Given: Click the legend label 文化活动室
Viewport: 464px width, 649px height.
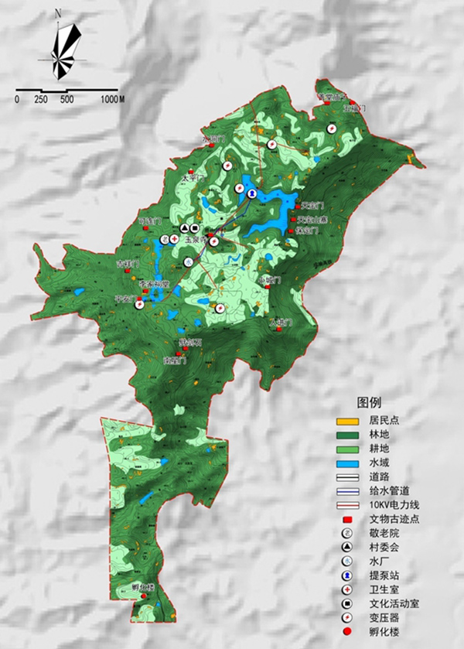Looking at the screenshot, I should click(x=394, y=603).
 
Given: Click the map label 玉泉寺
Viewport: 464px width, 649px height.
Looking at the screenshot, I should click(x=194, y=241).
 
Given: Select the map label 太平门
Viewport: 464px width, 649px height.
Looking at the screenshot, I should click(x=191, y=177).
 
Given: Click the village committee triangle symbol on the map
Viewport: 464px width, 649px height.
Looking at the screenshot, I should click(x=184, y=228).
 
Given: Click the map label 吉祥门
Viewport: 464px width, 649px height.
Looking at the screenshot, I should click(x=126, y=264).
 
